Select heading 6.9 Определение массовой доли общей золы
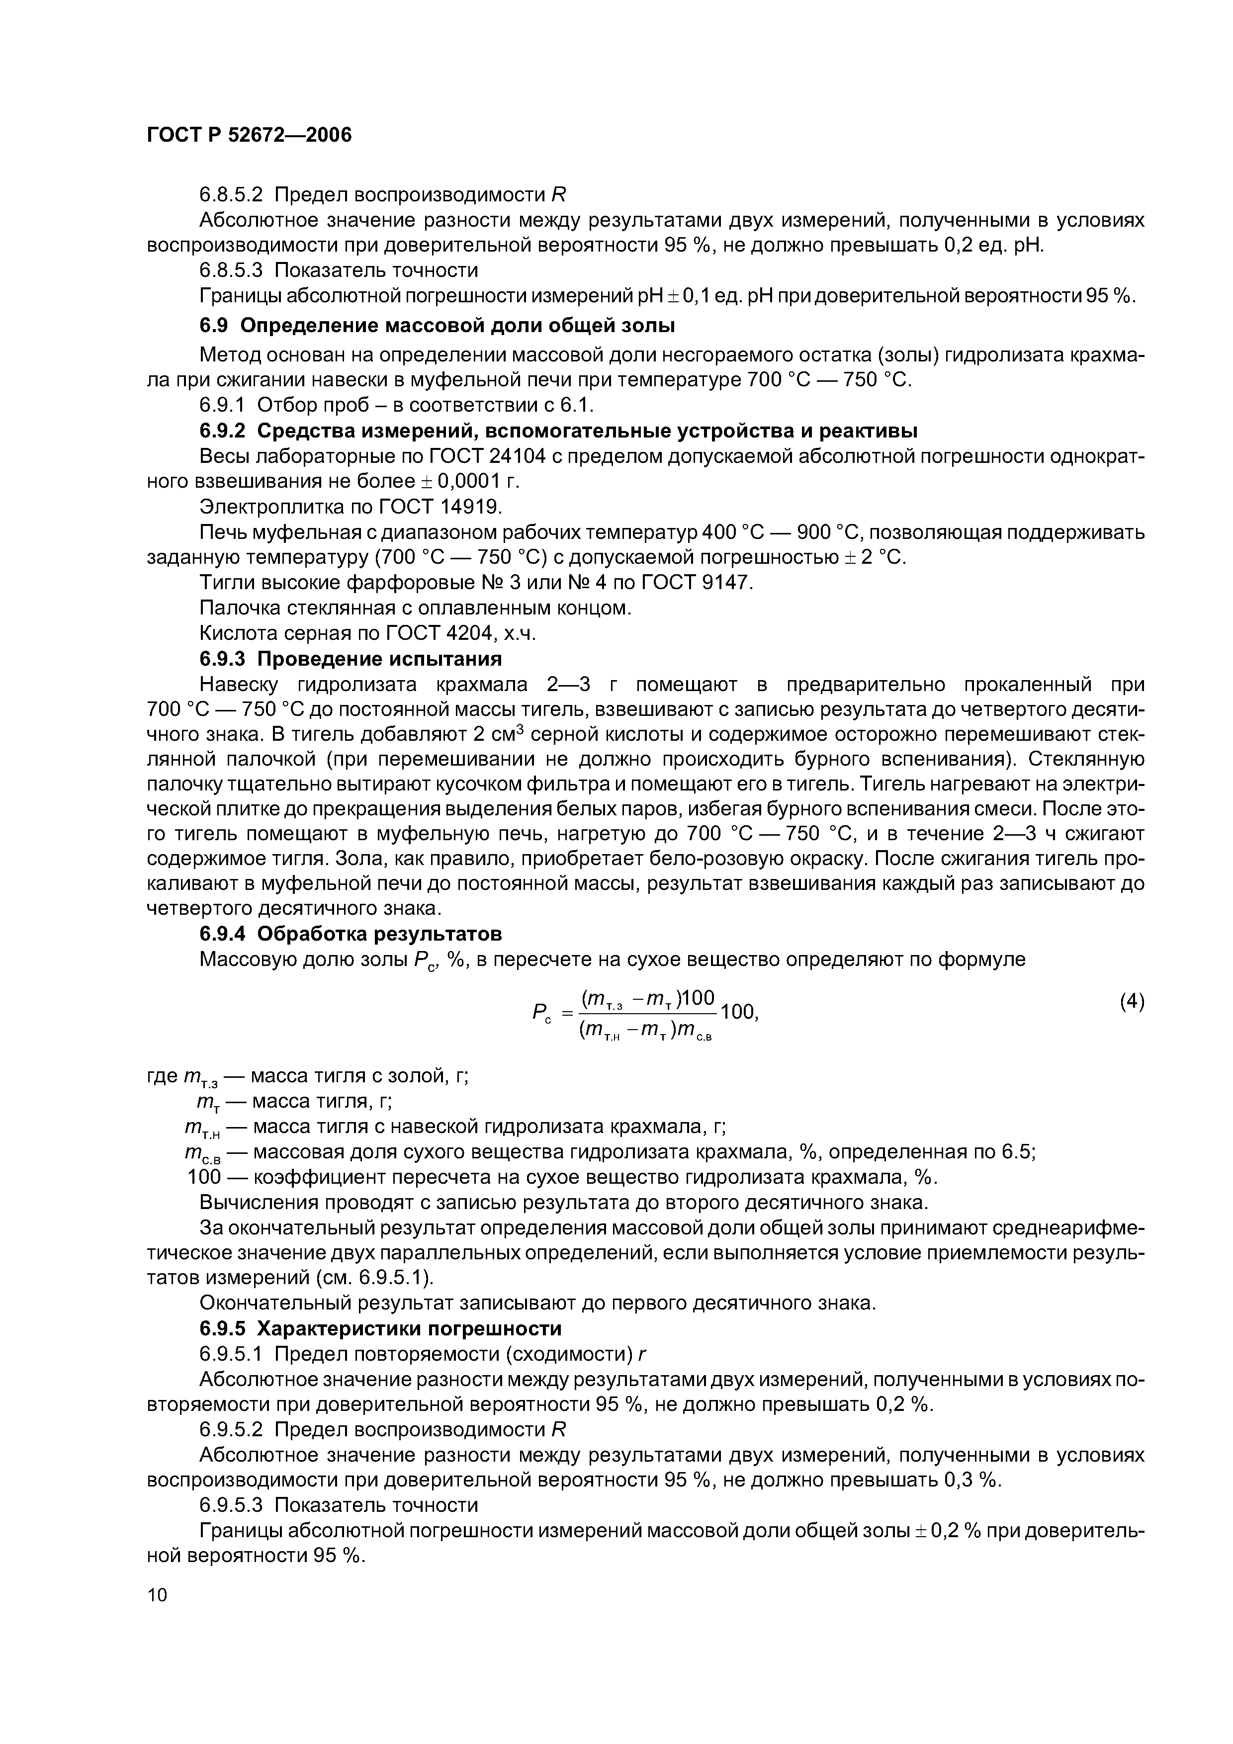point(437,326)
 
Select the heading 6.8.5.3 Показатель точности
point(338,270)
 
